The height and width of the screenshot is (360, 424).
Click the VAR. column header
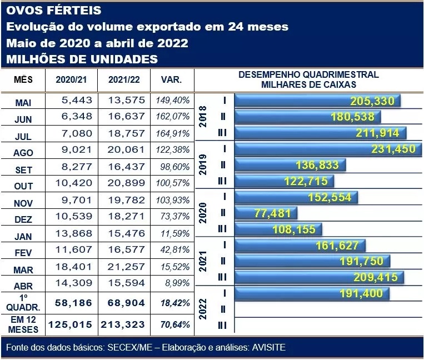[x=171, y=80]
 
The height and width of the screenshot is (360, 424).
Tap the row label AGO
[x=23, y=152]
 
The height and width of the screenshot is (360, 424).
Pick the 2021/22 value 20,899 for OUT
[x=123, y=184]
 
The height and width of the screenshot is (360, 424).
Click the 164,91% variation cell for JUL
[x=172, y=133]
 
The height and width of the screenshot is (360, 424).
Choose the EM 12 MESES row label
[x=23, y=324]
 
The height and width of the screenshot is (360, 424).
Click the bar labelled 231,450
[x=328, y=149]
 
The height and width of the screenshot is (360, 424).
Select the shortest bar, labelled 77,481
[x=267, y=213]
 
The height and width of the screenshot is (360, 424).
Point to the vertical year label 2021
[x=203, y=261]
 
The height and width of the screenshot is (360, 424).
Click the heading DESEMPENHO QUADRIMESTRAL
[x=308, y=74]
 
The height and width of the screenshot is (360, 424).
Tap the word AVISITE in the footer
[x=269, y=348]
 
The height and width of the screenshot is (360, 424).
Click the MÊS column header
[x=23, y=80]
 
